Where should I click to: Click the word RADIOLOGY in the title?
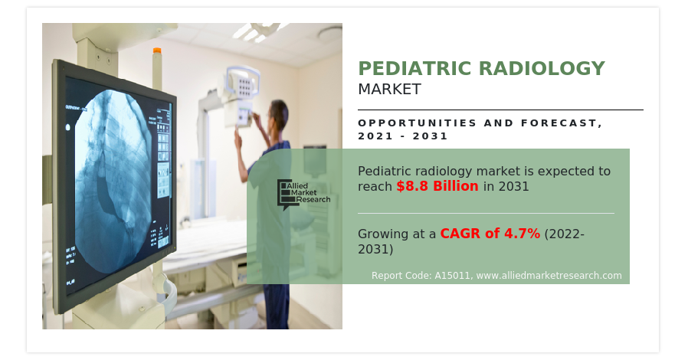tap(542, 68)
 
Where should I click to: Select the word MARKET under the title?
tap(390, 89)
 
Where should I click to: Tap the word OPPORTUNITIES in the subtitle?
tap(418, 123)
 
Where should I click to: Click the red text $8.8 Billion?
tap(437, 186)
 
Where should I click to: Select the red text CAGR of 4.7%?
tap(490, 234)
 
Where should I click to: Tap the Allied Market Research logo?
tap(303, 193)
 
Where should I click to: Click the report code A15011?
tap(452, 276)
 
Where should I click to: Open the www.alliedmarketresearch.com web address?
tap(549, 276)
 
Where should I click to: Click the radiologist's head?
tap(278, 114)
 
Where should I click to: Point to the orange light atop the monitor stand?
tap(156, 51)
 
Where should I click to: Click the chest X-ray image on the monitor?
tap(113, 180)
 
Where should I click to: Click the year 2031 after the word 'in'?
tap(514, 186)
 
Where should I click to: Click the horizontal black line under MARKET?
tap(500, 110)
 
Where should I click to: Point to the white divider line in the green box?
tap(487, 214)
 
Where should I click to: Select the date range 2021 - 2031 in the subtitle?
tap(403, 136)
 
